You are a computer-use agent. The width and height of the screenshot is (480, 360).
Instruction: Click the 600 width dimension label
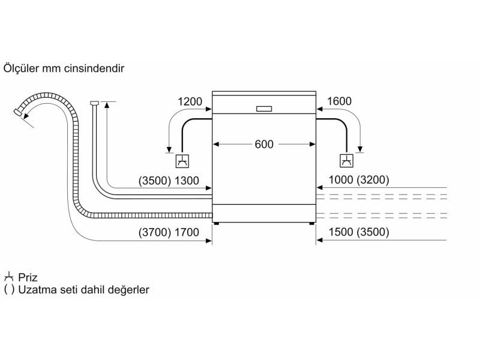[x=264, y=144]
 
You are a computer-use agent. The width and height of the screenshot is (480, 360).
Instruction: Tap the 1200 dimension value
[x=190, y=101]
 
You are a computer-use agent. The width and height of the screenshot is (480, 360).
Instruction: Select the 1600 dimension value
[x=339, y=101]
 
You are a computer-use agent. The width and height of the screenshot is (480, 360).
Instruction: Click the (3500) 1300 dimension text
[x=169, y=181]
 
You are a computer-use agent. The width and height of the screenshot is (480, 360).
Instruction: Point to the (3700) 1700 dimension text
[x=169, y=232]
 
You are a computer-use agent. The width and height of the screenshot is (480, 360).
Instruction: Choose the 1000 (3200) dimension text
[x=359, y=179]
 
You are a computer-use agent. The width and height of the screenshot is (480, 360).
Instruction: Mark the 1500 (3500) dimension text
[x=359, y=232]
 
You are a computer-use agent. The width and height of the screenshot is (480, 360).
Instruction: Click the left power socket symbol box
[x=182, y=161]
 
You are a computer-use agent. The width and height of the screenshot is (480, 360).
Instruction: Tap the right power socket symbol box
[x=347, y=161]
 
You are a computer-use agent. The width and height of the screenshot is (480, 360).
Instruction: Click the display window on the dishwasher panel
[x=264, y=109]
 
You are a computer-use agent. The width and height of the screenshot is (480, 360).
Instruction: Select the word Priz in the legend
[x=28, y=277]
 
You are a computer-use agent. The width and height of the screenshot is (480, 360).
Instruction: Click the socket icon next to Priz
[x=8, y=277]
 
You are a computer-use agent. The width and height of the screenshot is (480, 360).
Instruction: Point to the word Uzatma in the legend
[x=37, y=290]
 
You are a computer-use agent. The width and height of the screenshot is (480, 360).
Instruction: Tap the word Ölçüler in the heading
[x=22, y=68]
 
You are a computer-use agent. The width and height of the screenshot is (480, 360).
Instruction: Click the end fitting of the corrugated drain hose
[x=18, y=112]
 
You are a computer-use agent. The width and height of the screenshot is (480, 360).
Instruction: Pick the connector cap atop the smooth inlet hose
[x=94, y=103]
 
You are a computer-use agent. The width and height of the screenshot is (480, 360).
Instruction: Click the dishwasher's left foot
[x=217, y=223]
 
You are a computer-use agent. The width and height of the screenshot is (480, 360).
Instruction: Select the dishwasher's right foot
[x=311, y=223]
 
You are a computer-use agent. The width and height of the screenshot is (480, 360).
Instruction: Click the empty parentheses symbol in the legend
[x=9, y=290]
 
